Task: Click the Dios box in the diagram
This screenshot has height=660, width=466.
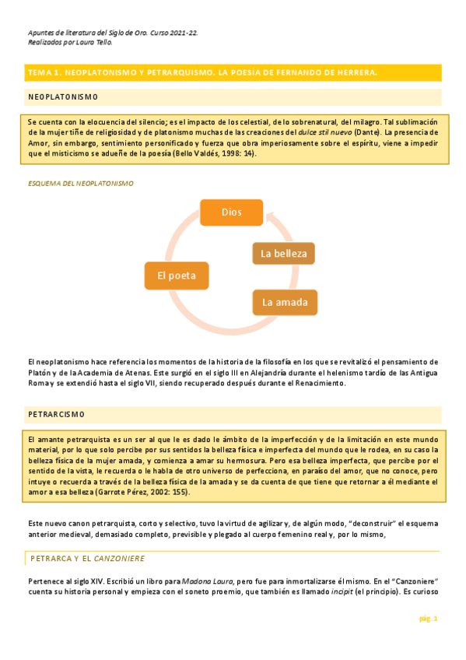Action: point(232,212)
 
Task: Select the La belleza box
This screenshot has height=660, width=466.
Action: point(284,253)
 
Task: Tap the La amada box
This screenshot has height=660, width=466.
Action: point(285,302)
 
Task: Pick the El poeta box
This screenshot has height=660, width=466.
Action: point(177,276)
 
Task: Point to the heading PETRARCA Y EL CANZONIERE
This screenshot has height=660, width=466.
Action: point(87,558)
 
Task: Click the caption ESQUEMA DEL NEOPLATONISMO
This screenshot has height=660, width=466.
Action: point(80,184)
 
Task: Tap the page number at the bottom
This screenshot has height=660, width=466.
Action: point(429,618)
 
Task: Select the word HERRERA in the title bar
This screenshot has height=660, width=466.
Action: point(353,72)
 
